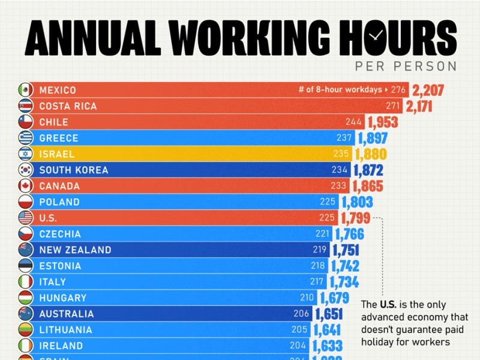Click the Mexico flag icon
point(25,90)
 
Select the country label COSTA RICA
point(68,106)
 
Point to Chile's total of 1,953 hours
point(383,122)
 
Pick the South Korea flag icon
point(25,170)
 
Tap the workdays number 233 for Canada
point(340,186)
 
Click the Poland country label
point(59,202)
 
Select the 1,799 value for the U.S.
point(355,218)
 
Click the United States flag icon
point(25,218)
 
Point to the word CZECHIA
point(60,234)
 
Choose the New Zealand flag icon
point(25,250)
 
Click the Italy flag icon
point(25,282)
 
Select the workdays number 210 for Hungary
point(307,298)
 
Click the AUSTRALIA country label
point(67,314)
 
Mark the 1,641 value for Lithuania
point(326,330)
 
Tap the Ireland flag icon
point(25,346)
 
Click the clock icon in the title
point(374,36)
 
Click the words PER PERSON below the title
point(406,66)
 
